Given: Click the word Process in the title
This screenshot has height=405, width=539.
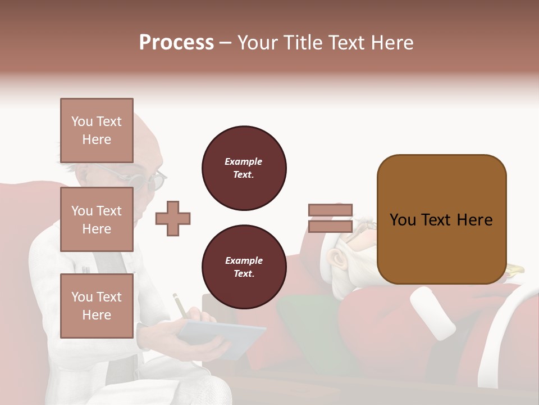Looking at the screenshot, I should click(176, 43).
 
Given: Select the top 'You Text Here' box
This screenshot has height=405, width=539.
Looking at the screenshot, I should click(97, 130).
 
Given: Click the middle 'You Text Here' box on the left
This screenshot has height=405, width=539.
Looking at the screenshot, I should click(97, 219).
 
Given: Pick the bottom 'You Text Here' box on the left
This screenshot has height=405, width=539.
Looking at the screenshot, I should click(97, 305).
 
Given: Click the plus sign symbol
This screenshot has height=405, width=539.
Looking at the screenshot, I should click(172, 219).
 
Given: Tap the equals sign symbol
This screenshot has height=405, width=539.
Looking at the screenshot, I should click(330, 218).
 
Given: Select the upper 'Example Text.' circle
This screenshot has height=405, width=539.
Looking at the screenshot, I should click(244, 168).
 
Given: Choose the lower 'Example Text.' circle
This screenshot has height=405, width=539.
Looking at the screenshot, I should click(244, 267).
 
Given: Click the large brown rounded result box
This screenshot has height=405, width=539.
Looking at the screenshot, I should click(441, 219).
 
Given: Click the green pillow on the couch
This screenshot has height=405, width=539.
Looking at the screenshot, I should click(306, 326).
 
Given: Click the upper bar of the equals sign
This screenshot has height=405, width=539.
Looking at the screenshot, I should click(330, 210).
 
